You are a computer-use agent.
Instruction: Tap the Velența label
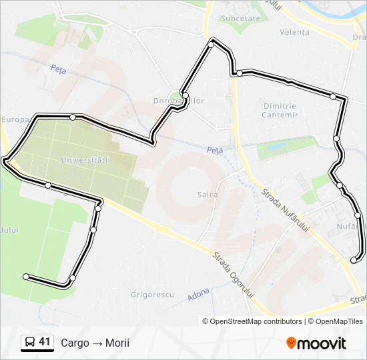tap(295, 32)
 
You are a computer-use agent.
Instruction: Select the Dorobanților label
tap(179, 101)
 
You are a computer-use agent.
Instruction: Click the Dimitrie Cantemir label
tap(280, 110)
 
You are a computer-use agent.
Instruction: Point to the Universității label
tap(84, 160)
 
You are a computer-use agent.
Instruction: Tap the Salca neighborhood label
tap(207, 194)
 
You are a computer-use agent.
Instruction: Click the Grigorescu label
tap(152, 294)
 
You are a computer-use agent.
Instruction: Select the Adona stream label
tap(198, 293)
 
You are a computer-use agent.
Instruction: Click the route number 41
tap(45, 342)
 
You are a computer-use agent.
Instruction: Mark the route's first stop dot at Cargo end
tap(26, 276)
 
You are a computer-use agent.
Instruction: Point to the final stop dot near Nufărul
tap(354, 260)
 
